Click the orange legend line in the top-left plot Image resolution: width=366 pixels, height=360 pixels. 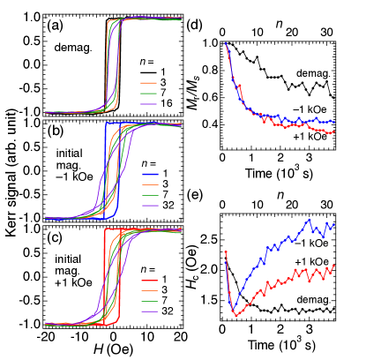coord(148,84)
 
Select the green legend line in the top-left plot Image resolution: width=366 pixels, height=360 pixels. coord(148,94)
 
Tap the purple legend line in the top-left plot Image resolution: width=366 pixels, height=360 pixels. coord(148,104)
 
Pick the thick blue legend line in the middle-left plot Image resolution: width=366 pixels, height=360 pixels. coord(150,175)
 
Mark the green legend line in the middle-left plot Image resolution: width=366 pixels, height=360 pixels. coord(150,195)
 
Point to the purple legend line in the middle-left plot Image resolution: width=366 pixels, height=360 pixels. coord(150,206)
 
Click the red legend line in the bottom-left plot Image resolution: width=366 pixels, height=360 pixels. coord(149,281)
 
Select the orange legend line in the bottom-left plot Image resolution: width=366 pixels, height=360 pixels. coord(149,291)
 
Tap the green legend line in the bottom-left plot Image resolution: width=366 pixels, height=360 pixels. coord(149,302)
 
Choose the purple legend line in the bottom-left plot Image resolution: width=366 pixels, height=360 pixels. coord(149,311)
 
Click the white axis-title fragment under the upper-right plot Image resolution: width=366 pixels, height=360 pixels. coord(277,173)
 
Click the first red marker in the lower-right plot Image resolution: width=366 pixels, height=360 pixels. coord(226,252)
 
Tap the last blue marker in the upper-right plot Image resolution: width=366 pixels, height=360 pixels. coord(334,122)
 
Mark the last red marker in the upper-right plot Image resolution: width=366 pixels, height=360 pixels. coord(334,131)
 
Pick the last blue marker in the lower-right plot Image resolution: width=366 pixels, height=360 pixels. coord(334,224)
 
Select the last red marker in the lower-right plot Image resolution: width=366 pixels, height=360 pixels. coord(334,265)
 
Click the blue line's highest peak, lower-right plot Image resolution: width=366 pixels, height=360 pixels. coord(310,219)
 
